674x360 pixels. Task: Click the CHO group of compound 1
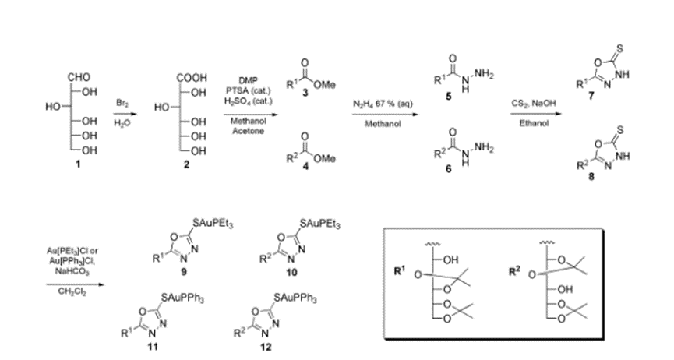click(80, 77)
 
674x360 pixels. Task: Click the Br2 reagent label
click(123, 101)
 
